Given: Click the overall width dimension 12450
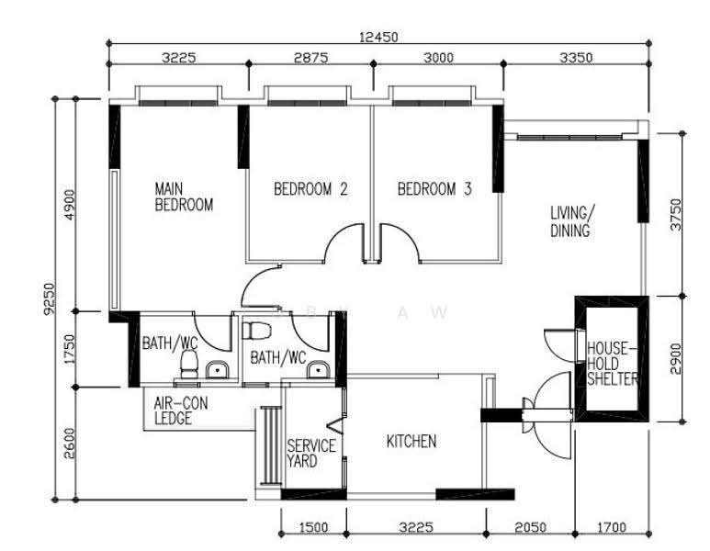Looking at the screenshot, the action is [x=378, y=37].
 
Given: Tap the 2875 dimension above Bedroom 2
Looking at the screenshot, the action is [x=310, y=58].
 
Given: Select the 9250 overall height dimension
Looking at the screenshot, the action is [x=49, y=298].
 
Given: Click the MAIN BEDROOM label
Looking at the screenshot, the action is [x=184, y=197].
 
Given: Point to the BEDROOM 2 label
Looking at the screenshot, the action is [x=310, y=189].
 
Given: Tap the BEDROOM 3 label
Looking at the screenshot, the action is [x=434, y=189].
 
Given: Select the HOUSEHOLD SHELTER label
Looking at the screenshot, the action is [x=613, y=364].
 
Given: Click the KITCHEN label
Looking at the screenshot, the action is [x=411, y=442].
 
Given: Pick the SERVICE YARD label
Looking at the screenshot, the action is [x=311, y=454].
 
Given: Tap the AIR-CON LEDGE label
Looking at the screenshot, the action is [x=181, y=410].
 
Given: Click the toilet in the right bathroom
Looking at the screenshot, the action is [x=257, y=331].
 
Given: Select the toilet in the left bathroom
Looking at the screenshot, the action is [x=189, y=365].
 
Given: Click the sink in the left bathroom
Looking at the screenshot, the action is [x=218, y=369].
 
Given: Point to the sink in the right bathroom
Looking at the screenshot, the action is [x=319, y=369].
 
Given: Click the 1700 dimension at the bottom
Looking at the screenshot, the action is [x=612, y=527].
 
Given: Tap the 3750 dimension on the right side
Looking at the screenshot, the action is [x=676, y=215].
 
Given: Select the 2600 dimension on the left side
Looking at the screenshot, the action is [x=69, y=444].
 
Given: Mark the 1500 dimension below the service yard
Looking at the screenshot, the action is [x=313, y=527].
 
